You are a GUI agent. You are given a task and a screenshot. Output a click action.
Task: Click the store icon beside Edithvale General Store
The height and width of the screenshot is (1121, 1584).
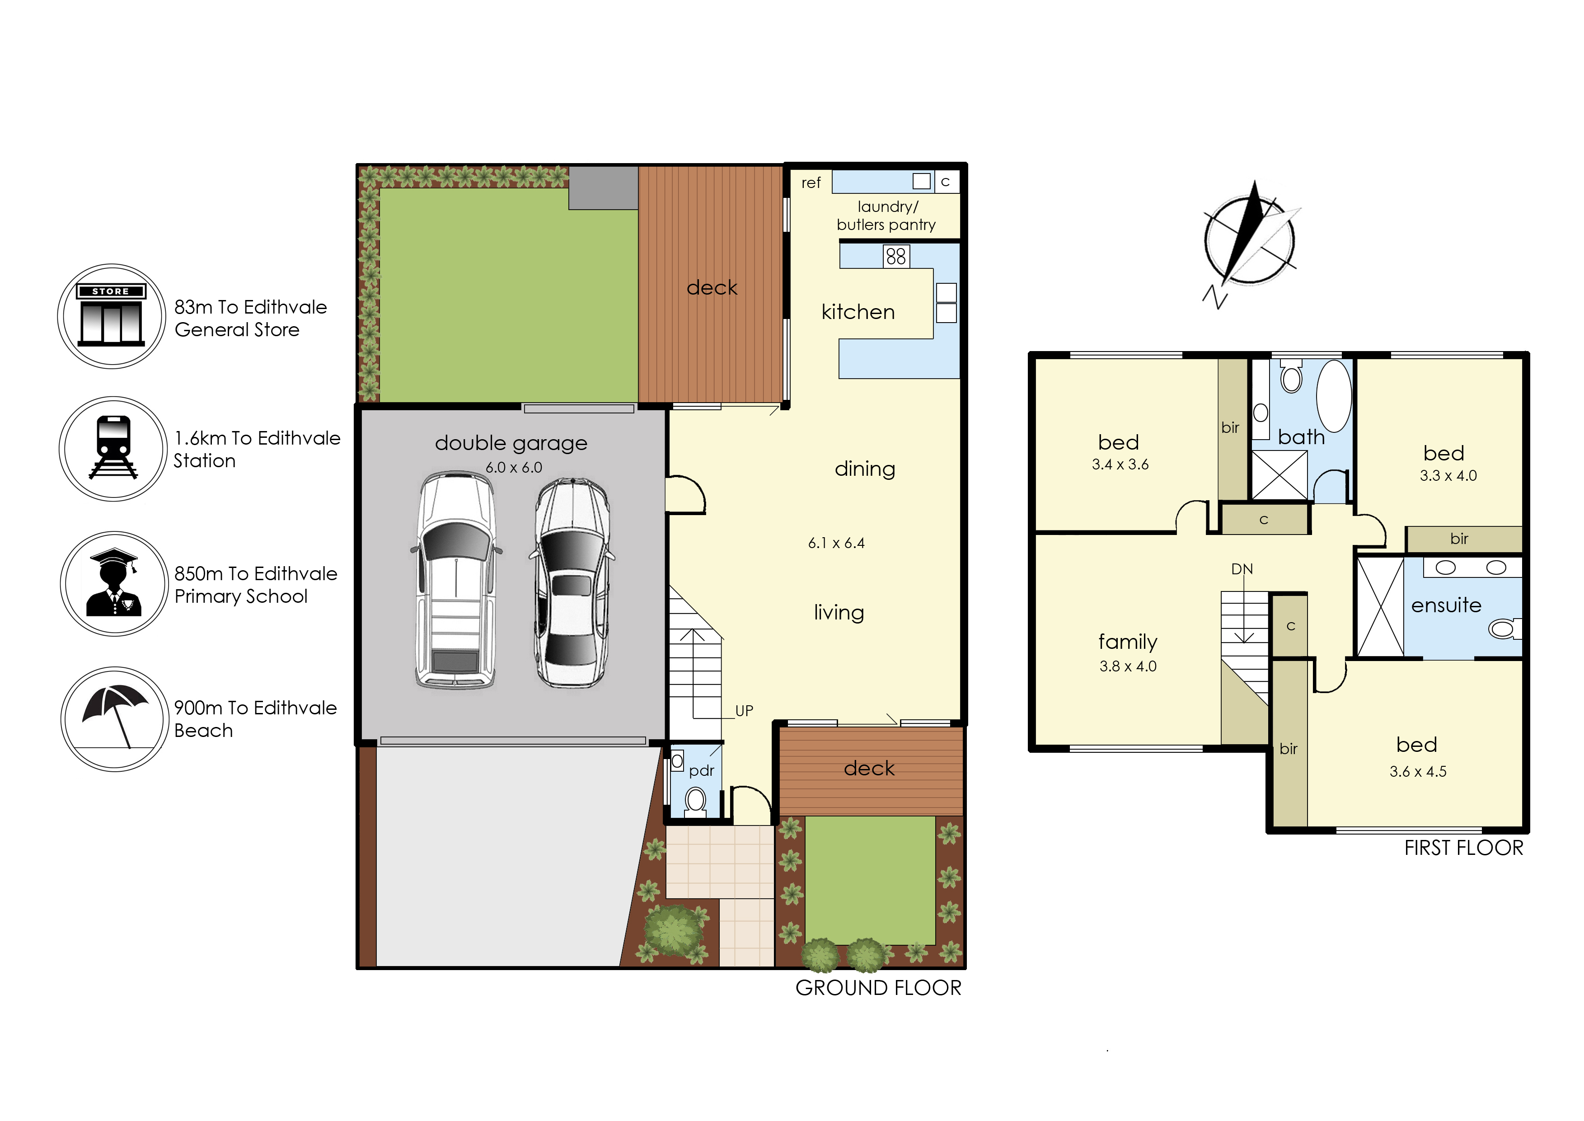(112, 316)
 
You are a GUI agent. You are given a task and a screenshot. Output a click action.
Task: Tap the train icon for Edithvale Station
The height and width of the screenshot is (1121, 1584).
(114, 449)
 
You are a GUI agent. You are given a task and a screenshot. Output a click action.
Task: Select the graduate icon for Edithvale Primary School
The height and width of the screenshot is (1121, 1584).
(115, 583)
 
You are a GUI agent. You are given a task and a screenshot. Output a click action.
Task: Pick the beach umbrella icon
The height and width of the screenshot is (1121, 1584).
(115, 718)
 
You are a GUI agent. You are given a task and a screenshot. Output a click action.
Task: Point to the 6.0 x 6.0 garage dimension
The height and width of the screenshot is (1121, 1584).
(514, 467)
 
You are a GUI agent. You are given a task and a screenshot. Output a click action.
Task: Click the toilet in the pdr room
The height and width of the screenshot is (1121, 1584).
(695, 803)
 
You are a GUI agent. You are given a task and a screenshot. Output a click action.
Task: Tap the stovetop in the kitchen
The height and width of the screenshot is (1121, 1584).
(896, 257)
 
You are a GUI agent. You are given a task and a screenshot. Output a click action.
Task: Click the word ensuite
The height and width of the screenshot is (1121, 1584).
(1446, 605)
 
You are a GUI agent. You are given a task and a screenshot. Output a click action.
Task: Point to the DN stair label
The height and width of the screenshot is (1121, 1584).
(1242, 569)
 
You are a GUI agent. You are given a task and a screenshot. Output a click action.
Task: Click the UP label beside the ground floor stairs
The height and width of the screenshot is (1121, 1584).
(744, 710)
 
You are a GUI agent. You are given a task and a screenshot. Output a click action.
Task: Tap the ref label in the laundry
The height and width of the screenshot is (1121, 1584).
(811, 183)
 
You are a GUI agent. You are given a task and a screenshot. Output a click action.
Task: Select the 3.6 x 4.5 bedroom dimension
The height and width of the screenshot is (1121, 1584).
(1418, 772)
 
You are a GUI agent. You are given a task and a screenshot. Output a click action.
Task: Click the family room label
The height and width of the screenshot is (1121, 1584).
(1128, 642)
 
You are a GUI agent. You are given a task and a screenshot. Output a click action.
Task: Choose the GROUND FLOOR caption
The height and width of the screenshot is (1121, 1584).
(878, 988)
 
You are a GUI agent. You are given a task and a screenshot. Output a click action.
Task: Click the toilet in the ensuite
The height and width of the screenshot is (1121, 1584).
(1504, 629)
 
